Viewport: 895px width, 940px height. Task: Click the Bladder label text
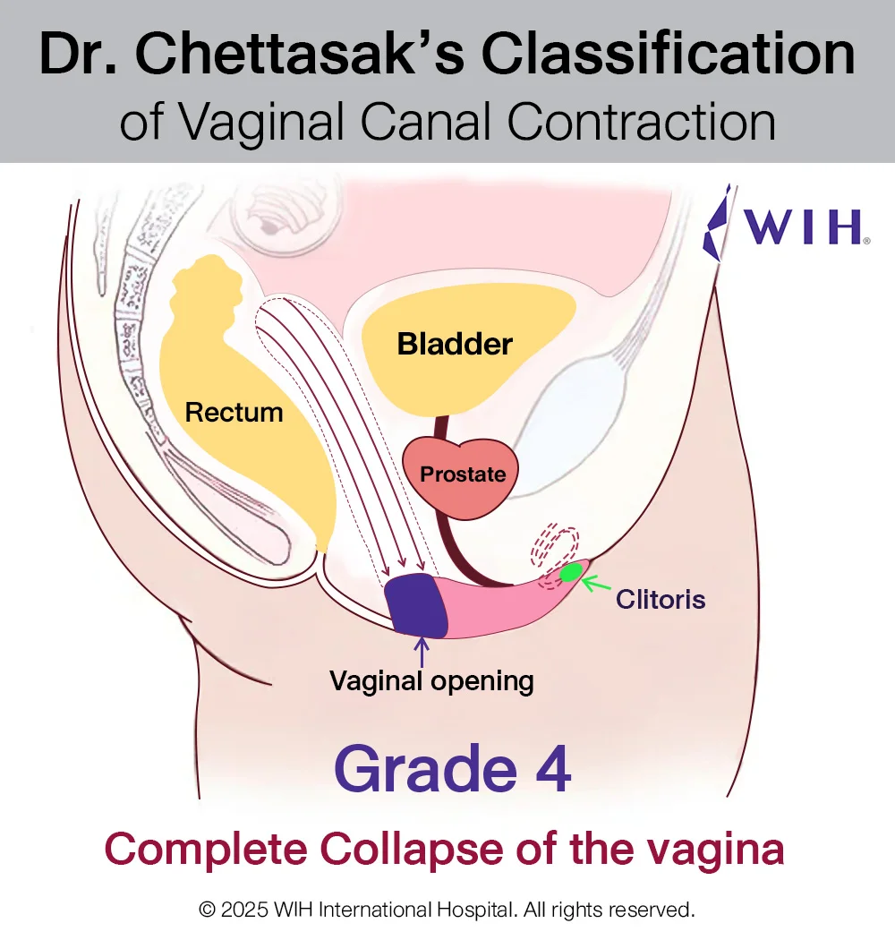[x=455, y=344]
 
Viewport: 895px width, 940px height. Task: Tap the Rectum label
[x=234, y=413]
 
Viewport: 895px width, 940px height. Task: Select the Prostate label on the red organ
[x=463, y=474]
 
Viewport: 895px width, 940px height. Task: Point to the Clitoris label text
[x=661, y=600]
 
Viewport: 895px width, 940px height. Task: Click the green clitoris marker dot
[x=570, y=573]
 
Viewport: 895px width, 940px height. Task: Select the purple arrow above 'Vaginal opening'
[x=422, y=653]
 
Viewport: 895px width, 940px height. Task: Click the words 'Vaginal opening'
[x=431, y=681]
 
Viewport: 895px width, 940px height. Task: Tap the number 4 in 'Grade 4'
[x=553, y=769]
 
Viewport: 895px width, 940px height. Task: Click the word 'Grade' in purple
[x=426, y=769]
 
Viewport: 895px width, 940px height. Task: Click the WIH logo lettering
[x=804, y=226]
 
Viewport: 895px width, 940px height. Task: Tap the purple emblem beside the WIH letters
[x=718, y=223]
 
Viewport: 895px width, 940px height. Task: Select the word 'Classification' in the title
[x=668, y=54]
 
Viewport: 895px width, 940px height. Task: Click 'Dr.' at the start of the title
[x=78, y=54]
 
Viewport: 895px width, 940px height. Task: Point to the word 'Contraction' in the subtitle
[x=642, y=122]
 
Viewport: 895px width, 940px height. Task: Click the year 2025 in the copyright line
[x=244, y=910]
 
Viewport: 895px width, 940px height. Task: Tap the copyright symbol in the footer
[x=208, y=910]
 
